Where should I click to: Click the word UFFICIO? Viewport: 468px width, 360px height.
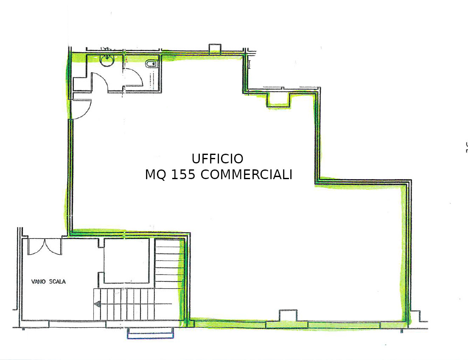(217, 159)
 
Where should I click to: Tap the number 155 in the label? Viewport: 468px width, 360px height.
(183, 175)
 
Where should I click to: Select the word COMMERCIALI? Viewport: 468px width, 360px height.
(246, 175)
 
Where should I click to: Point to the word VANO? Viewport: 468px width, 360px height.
(38, 281)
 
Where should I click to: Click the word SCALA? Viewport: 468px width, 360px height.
(57, 281)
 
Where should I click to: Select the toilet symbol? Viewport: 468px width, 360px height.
(151, 64)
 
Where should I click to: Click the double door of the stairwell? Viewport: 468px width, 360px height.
(45, 247)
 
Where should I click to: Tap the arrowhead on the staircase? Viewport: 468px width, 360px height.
(97, 304)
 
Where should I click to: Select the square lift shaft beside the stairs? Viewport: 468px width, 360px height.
(126, 261)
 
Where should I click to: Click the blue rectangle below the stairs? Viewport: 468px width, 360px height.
(151, 333)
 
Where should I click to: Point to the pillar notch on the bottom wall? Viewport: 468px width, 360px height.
(288, 315)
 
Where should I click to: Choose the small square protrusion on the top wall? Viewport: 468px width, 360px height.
(215, 49)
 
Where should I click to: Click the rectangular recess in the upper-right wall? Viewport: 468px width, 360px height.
(278, 100)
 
